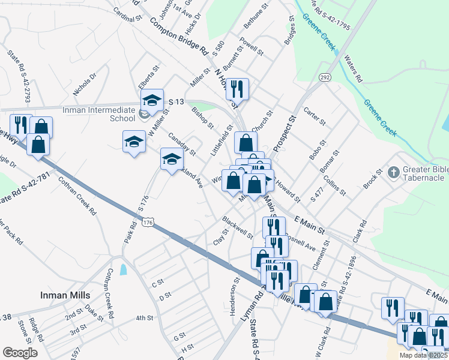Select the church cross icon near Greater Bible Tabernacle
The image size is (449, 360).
[393, 173]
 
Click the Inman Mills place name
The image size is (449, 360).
[65, 295]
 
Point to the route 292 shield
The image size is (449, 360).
[325, 77]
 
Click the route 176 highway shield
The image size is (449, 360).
[148, 223]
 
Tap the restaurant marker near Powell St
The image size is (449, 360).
[238, 89]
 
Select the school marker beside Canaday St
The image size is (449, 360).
[172, 160]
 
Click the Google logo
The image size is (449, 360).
[20, 352]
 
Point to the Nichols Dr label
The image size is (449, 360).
[84, 85]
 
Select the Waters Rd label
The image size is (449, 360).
[353, 69]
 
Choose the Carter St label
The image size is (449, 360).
[315, 117]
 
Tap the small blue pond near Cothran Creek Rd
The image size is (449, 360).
[124, 269]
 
